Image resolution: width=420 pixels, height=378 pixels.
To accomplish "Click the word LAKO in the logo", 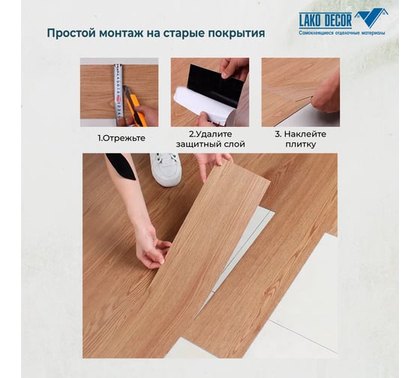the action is (310, 21).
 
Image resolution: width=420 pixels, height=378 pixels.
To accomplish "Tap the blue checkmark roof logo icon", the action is (373, 17).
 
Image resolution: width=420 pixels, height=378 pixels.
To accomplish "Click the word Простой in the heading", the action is (71, 34).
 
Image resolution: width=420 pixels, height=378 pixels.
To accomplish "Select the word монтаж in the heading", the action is (121, 34).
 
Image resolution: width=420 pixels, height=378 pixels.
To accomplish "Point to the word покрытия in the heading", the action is (236, 34).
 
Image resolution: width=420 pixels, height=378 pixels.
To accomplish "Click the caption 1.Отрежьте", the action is (121, 138).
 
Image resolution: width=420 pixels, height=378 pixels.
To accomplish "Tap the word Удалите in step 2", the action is (214, 134).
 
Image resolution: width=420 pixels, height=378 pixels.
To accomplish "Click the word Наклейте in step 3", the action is (305, 134).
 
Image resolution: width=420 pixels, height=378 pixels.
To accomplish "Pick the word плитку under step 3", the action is (301, 145).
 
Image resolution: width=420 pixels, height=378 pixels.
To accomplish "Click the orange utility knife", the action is (136, 106).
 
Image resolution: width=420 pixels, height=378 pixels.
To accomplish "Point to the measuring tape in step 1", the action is (118, 94).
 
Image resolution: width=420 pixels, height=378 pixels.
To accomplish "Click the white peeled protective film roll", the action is (203, 106).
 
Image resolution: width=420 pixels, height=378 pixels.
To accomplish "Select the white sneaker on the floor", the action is (166, 169).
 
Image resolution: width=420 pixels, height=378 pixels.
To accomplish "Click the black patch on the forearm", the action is (121, 165).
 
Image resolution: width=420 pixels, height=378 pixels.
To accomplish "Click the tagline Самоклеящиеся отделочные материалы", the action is (342, 33).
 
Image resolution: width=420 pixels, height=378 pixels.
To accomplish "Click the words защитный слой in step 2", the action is (210, 145).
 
